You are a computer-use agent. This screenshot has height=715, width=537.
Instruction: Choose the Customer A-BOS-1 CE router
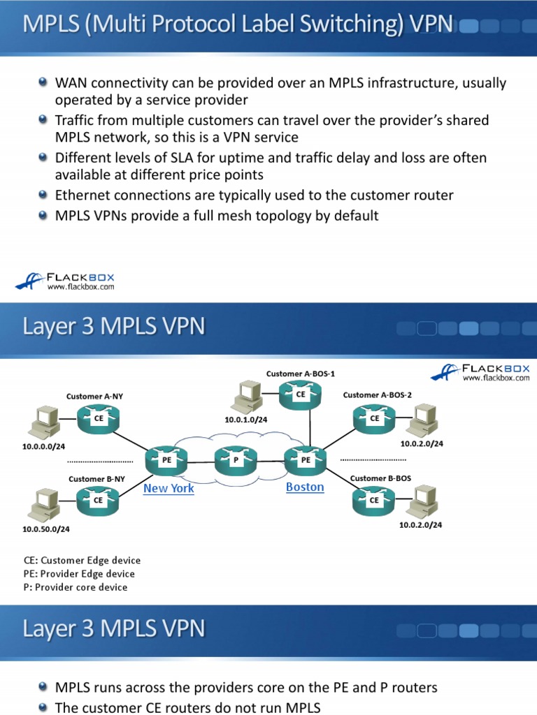pyautogui.click(x=301, y=394)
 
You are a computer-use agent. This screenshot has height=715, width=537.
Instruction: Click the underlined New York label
pyautogui.click(x=169, y=488)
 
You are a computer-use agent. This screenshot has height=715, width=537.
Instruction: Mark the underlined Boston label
pyautogui.click(x=305, y=487)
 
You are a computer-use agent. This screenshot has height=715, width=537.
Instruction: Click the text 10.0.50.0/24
pyautogui.click(x=46, y=529)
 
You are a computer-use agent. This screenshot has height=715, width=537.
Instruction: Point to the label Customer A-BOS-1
pyautogui.click(x=295, y=374)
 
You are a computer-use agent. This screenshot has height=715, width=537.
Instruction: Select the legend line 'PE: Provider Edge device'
pyautogui.click(x=79, y=574)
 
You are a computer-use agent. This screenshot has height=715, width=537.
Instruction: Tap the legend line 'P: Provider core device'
pyautogui.click(x=76, y=587)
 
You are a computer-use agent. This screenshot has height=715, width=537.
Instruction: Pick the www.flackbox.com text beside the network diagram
pyautogui.click(x=496, y=378)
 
